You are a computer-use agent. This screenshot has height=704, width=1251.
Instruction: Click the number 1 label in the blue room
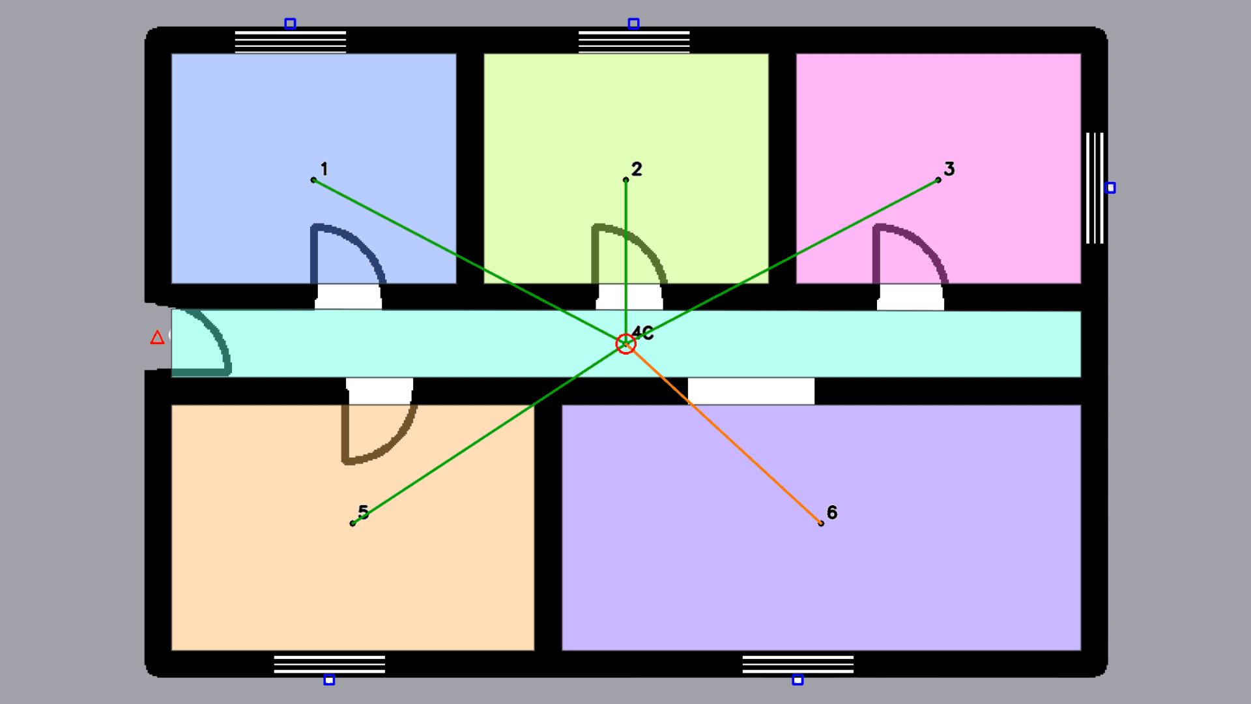(324, 169)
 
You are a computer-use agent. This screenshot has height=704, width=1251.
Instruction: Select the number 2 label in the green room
(637, 169)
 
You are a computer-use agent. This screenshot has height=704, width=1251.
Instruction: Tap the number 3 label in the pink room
(949, 169)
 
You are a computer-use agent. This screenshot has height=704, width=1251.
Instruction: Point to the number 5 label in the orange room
(364, 512)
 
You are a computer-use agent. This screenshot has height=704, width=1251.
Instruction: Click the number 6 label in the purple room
(832, 512)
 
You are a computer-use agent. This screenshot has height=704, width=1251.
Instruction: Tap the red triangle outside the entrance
(157, 337)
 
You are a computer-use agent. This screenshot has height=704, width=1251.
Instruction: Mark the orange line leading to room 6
(723, 433)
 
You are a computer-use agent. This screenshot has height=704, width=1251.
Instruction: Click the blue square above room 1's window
(290, 24)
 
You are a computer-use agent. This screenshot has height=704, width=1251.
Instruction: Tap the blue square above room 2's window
(633, 24)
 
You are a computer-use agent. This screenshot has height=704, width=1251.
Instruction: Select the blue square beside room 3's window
(1110, 188)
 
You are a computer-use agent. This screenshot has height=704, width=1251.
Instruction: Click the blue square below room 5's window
(329, 680)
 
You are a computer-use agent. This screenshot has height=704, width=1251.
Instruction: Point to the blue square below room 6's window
(798, 680)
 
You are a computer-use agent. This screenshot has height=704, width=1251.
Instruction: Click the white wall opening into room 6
(751, 391)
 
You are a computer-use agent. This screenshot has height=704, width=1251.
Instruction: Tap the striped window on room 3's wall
(1095, 188)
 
